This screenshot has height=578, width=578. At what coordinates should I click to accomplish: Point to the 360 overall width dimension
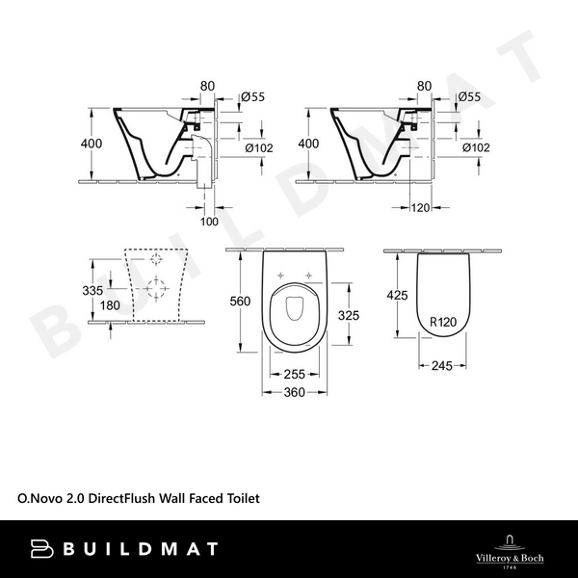click(296, 393)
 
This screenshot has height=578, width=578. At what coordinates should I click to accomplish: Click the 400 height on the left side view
click(91, 143)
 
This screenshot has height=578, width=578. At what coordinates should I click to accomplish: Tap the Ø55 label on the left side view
click(251, 96)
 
